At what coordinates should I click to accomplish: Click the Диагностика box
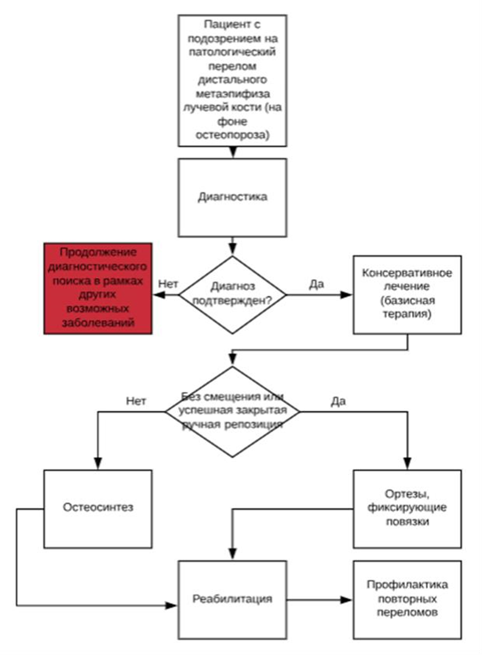232,198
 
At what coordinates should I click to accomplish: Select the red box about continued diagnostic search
98,288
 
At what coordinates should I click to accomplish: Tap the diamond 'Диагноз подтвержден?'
232,294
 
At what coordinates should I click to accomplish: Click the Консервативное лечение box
407,294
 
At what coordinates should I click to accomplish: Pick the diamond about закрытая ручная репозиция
232,411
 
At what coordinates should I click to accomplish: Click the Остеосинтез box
98,508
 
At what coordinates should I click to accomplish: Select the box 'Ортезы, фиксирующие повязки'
407,508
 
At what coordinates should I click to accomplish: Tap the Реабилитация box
232,599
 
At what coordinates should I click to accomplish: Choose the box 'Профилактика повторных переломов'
407,599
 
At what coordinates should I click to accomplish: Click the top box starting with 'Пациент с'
232,79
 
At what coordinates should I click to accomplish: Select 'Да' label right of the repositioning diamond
338,401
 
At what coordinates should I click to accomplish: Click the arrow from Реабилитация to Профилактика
320,599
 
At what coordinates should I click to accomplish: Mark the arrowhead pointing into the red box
157,295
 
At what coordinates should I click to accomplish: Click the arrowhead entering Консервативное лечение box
347,295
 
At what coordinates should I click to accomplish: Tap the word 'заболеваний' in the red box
98,323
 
